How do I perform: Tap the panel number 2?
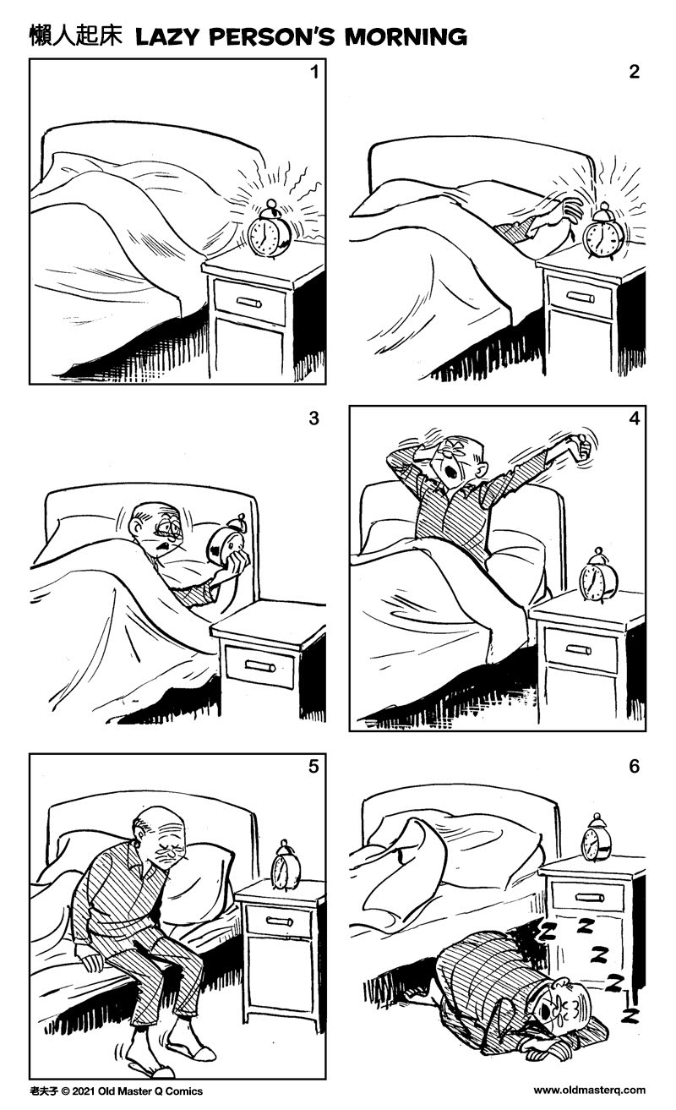[634, 72]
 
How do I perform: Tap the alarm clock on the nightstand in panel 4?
[597, 578]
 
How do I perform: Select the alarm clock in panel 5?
[285, 867]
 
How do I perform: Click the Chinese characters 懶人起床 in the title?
[76, 36]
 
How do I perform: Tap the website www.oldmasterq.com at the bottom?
[589, 1091]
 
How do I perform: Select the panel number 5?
[313, 767]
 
